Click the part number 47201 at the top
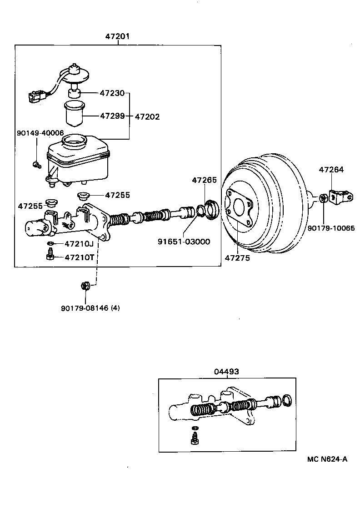(118, 36)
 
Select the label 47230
(112, 93)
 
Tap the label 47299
(112, 116)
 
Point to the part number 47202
(147, 116)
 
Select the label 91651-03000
(184, 242)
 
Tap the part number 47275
(237, 258)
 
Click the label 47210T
(79, 257)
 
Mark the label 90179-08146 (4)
(90, 308)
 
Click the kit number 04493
(226, 371)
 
